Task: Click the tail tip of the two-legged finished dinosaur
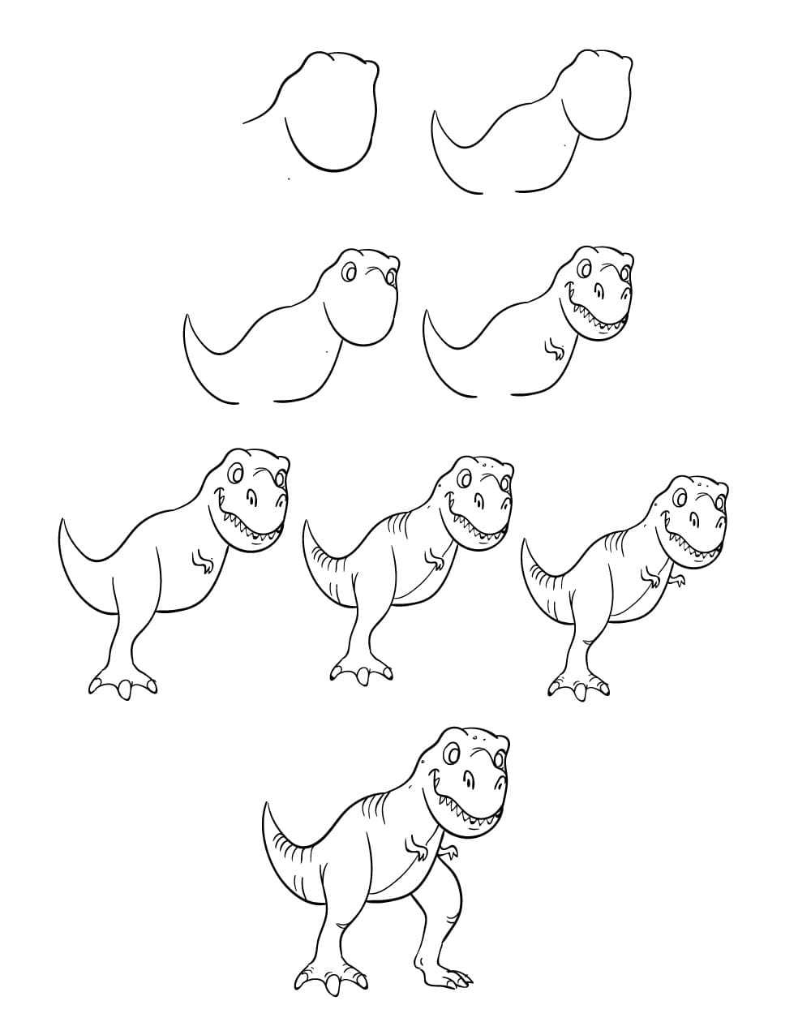pos(266,805)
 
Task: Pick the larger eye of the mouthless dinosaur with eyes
pos(350,273)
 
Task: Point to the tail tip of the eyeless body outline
pos(436,113)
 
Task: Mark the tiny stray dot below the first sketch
pos(286,178)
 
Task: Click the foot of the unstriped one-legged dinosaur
pos(122,685)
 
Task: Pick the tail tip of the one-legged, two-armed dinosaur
pos(525,539)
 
